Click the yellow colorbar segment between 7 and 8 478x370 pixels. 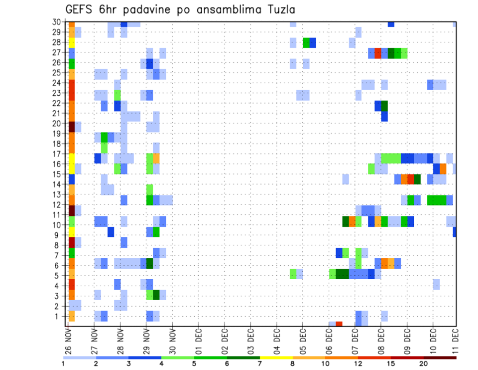tap(276, 358)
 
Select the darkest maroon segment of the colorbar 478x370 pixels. tap(440, 358)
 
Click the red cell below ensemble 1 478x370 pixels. tap(339, 324)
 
